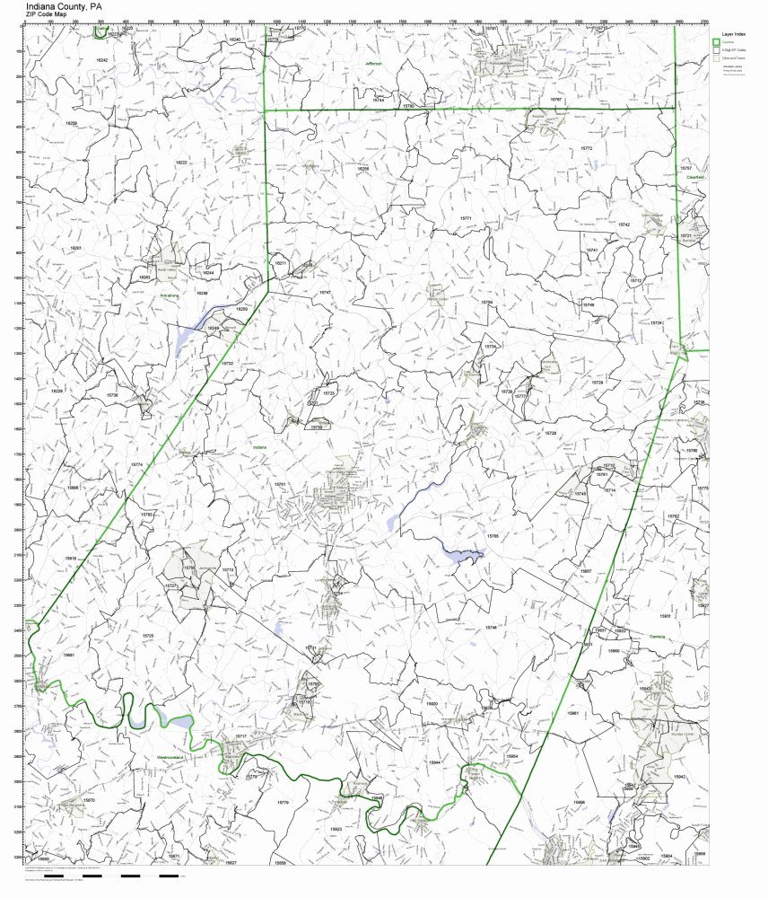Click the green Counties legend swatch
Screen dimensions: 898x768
[x=716, y=42]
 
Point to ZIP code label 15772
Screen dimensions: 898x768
[x=586, y=147]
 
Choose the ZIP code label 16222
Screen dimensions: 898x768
[x=181, y=163]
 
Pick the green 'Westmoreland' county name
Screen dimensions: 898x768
[x=170, y=758]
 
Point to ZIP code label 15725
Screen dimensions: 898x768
[x=148, y=636]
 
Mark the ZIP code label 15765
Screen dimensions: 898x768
[x=492, y=536]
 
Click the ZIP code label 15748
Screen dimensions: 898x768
[x=491, y=628]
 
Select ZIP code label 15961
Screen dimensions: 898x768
[x=572, y=712]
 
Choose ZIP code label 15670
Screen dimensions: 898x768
[x=88, y=800]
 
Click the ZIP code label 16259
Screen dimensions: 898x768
[x=72, y=123]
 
